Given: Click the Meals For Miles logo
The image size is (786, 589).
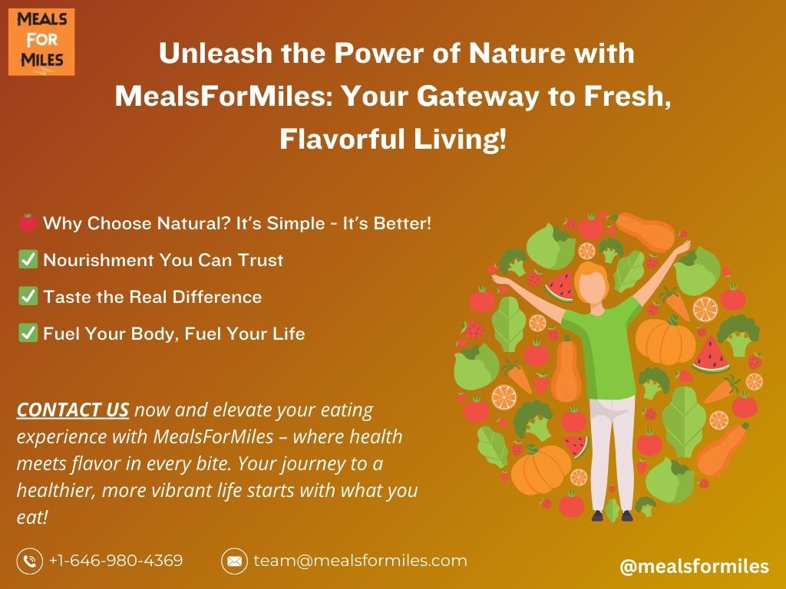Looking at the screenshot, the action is [x=41, y=42].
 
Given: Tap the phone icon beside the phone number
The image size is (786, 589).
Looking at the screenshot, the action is [x=30, y=561].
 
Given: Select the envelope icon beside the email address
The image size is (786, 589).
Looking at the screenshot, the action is [x=234, y=561].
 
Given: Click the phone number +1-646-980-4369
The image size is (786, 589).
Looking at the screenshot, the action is [x=116, y=561].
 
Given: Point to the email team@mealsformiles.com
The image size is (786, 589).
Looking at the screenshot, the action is [x=360, y=561].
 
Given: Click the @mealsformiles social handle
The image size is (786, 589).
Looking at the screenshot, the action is [x=694, y=567].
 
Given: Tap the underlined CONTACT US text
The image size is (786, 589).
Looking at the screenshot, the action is [x=73, y=410].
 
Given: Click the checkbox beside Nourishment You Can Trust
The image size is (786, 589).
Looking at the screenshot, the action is [x=28, y=259].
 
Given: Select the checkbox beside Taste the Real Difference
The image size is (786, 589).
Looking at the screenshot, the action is [x=28, y=296].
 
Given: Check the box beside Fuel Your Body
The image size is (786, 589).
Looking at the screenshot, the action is [x=28, y=333].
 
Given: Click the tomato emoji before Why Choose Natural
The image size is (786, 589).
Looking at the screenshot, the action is [x=28, y=223].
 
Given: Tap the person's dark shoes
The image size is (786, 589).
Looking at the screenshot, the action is [x=612, y=515].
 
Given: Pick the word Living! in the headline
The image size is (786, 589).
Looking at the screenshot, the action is [x=460, y=140].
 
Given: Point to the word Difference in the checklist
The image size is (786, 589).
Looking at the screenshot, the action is [x=217, y=297].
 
